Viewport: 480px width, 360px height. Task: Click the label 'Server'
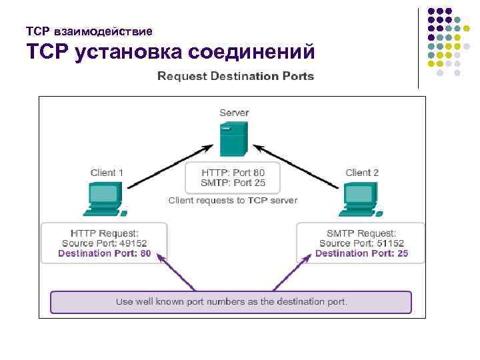234,113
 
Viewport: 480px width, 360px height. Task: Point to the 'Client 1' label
107,173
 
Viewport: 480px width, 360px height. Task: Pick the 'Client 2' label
362,173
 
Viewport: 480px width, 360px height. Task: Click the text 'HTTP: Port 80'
233,172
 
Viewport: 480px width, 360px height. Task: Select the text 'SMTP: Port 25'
233,183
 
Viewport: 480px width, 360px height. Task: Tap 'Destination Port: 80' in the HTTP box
104,254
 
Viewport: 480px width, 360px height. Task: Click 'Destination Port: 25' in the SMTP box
361,254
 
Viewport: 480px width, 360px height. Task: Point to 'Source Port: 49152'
104,243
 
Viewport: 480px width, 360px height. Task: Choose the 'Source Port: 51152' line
361,243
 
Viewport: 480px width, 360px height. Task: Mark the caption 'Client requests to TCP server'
233,200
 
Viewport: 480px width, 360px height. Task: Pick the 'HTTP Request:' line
104,233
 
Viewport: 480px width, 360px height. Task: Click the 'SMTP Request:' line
361,233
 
